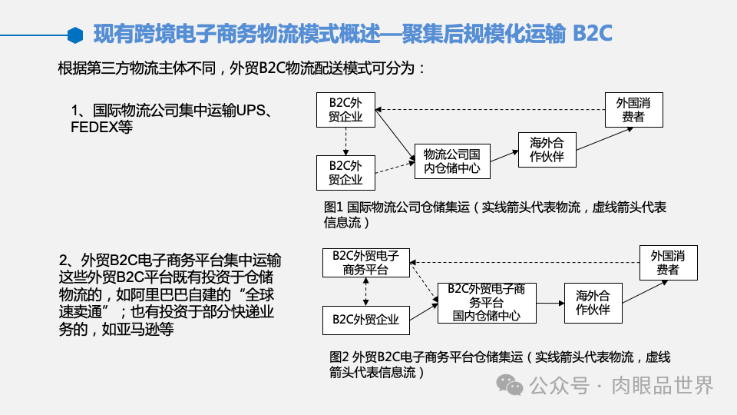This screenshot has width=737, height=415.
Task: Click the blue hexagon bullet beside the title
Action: (74, 35)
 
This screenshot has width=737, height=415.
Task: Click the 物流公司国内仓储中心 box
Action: (451, 161)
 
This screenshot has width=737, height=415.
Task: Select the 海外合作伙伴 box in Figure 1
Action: (547, 148)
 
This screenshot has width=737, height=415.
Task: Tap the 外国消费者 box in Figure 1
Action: (633, 109)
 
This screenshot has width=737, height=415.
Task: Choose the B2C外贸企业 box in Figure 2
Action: (365, 319)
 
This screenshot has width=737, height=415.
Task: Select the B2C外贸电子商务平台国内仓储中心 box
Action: (487, 302)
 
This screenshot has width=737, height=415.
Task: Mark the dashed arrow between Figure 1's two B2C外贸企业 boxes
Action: (345, 141)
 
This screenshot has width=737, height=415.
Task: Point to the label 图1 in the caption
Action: (333, 207)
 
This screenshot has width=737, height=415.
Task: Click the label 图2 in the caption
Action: (339, 357)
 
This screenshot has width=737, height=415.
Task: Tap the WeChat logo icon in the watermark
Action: (508, 384)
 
